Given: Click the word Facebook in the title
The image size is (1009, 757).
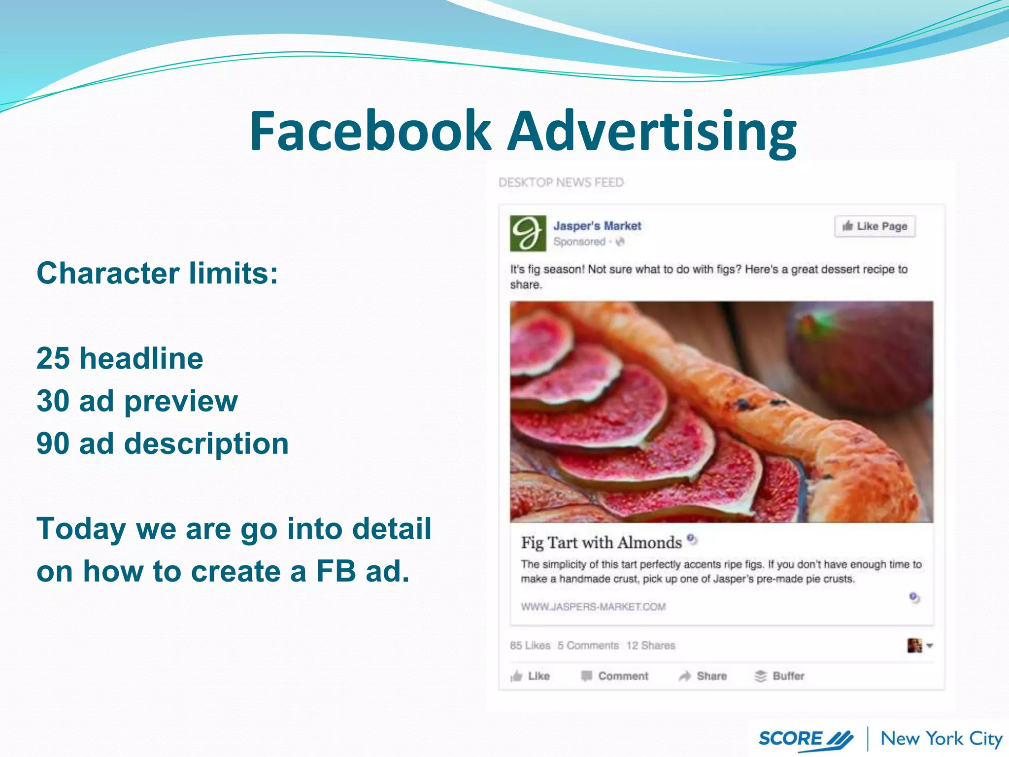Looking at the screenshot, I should click(370, 131).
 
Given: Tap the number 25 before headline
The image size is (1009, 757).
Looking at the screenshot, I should click(53, 358).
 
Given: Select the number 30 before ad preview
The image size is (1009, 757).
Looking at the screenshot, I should click(53, 401).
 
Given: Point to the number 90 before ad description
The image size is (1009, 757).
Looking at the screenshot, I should click(53, 444).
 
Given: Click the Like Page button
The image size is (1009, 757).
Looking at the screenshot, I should click(874, 226).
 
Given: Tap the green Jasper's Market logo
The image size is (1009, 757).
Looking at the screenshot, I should click(528, 233).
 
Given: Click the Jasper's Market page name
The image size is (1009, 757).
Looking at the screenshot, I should click(597, 226).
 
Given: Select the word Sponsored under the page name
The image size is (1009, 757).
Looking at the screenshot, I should click(579, 241).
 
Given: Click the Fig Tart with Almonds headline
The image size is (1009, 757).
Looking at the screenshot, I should click(601, 543).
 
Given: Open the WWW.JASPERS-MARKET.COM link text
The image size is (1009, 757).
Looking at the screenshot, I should click(593, 607).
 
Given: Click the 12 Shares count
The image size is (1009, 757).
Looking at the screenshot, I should click(650, 646).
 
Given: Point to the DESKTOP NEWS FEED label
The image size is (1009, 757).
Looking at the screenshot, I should click(561, 183).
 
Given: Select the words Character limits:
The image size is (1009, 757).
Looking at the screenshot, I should click(157, 273).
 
